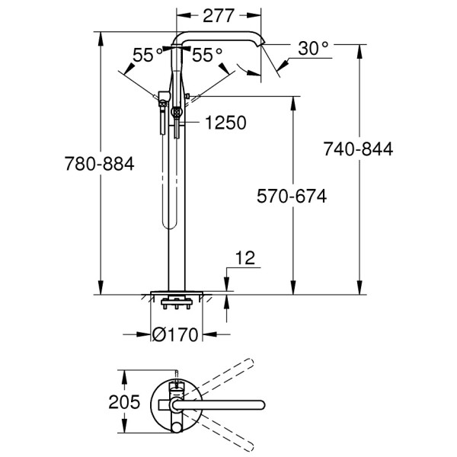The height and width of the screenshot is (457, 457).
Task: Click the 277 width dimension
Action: pos(219,16)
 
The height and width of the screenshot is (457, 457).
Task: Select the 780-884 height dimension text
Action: pos(99,164)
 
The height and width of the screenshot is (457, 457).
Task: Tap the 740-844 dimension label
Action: pos(358,149)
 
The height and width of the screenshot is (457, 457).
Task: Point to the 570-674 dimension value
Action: pos(292,196)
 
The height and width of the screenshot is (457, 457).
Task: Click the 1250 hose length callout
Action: pos(225,123)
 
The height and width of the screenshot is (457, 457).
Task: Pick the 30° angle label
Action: pos(313,49)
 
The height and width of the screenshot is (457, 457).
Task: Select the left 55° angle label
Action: pos(148,55)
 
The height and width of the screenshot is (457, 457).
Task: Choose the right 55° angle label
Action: pos(207,55)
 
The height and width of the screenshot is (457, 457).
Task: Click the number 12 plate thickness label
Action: pos(244,257)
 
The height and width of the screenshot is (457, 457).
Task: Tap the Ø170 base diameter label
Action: pos(175,334)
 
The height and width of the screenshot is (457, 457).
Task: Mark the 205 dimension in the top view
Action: pos(124,402)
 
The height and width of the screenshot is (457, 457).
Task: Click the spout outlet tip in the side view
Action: pos(261,43)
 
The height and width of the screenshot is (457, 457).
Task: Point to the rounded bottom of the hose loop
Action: pos(169,225)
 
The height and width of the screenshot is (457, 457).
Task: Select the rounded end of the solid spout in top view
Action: pos(260,405)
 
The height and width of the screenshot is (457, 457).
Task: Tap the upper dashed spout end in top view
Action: pos(248,363)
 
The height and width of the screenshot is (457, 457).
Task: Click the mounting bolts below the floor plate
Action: pos(177,304)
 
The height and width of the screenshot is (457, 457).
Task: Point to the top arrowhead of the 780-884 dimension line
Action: pos(101,38)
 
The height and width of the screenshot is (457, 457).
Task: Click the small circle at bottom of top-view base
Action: pos(176,427)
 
